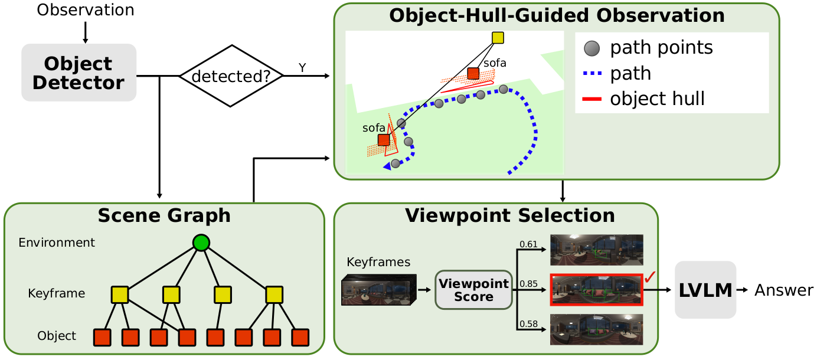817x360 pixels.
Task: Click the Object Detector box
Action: tap(79, 72)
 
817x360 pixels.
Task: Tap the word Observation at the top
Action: tap(85, 10)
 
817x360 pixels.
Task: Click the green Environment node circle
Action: tap(201, 243)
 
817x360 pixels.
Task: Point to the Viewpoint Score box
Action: tap(473, 290)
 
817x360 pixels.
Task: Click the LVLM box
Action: tap(705, 290)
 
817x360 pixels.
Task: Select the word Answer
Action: tap(783, 290)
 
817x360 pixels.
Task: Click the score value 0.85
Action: tap(529, 284)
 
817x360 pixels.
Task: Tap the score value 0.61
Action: tap(529, 244)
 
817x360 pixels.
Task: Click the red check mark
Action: tap(650, 277)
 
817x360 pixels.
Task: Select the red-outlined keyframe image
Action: tap(596, 290)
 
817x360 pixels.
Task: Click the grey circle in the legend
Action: tap(592, 47)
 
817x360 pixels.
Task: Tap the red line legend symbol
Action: tap(591, 99)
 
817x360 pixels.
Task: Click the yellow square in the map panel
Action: tap(498, 38)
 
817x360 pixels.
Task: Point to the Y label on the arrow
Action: tap(302, 68)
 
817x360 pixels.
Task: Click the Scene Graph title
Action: tap(164, 215)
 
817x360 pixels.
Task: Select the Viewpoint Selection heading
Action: tap(509, 215)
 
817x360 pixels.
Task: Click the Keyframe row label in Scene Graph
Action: tap(56, 293)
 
